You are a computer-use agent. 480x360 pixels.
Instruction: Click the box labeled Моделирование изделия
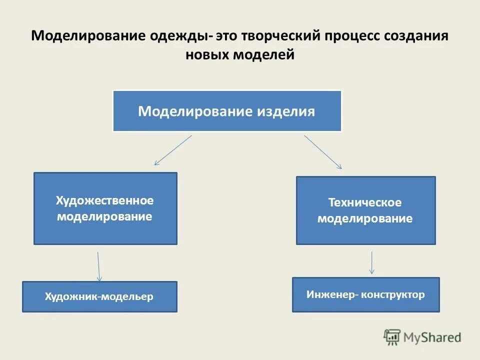pos(227,111)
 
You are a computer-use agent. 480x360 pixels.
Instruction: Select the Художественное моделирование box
pos(105,208)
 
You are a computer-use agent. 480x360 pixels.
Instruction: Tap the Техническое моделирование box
pos(365,210)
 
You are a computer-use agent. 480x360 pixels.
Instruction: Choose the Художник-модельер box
pos(99,296)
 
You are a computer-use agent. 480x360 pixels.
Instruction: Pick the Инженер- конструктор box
pos(365,294)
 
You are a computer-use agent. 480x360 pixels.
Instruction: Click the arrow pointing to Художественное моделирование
pos(173,150)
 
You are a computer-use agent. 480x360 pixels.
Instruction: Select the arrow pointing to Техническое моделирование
pos(323,151)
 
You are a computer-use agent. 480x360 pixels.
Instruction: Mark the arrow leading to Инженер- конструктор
pos(371,262)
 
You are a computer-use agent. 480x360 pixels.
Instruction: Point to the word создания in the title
pos(417,37)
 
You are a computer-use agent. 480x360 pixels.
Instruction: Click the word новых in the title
pos(206,55)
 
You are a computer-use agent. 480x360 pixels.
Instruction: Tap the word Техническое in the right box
pos(365,202)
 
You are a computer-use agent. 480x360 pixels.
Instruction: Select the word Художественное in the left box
pos(105,200)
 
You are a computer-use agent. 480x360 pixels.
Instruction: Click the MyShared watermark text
pos(432,337)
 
